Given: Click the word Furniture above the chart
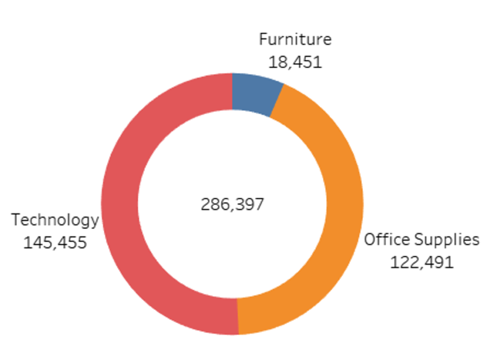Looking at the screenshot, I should click(295, 39).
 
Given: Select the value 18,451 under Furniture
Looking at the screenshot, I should click(295, 62).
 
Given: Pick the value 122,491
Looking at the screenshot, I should click(422, 262).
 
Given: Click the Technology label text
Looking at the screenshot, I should click(55, 220).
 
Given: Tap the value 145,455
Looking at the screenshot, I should click(55, 242).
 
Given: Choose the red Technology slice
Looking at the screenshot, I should click(121, 207).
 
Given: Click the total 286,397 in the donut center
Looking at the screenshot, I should click(232, 204).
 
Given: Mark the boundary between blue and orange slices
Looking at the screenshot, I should click(277, 101).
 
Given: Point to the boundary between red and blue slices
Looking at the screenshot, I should click(232, 91).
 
